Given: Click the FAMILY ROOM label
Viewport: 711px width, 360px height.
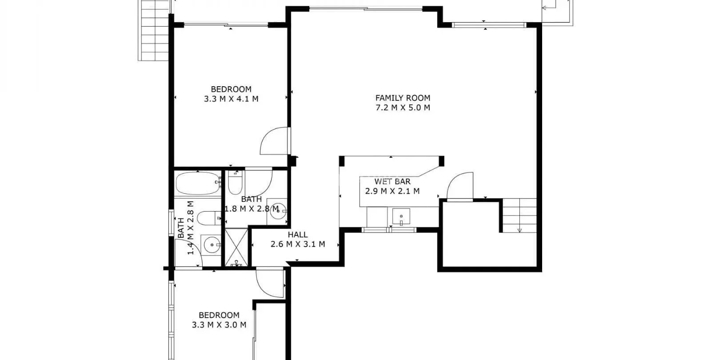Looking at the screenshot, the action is [403, 98].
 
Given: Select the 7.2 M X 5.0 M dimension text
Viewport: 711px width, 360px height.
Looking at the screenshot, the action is [403, 108].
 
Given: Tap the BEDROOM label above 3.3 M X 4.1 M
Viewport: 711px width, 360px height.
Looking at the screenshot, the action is [231, 89].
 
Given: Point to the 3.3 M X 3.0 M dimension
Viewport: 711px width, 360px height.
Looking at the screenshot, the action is [219, 325].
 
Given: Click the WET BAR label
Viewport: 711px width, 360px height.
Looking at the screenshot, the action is [393, 182].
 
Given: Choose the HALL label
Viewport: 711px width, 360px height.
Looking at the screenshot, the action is [298, 235].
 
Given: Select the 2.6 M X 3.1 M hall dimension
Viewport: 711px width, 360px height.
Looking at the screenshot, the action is [298, 244].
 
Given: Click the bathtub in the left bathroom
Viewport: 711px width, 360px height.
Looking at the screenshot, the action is [198, 183].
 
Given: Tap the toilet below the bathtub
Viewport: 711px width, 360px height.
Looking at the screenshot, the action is [209, 218].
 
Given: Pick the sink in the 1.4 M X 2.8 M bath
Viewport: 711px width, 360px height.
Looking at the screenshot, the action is [211, 245].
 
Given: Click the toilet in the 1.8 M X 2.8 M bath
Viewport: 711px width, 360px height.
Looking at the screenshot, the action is [235, 183].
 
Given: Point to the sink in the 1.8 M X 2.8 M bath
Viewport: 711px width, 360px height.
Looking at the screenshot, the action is [277, 211].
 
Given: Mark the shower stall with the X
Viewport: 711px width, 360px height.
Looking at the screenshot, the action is [236, 248].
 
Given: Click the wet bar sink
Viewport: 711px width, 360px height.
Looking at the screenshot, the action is [401, 217].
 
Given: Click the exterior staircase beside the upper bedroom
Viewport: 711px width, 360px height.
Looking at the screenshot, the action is [154, 30].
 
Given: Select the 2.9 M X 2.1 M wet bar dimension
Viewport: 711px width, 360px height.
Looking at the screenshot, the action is [393, 191].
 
